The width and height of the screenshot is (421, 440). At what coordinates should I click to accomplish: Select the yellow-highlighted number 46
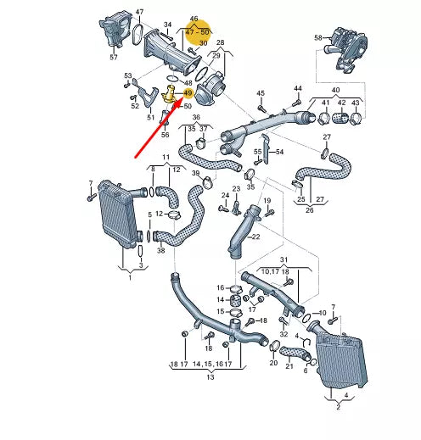(194, 19)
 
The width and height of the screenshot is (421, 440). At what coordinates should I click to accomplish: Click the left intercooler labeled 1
(117, 215)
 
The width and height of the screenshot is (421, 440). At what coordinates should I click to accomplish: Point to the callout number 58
(318, 38)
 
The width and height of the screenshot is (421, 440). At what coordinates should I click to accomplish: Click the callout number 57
(114, 57)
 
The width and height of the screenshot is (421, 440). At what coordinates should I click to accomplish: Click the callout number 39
(196, 174)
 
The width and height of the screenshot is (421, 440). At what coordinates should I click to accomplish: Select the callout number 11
(166, 159)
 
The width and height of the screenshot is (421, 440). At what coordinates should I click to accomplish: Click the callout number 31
(284, 259)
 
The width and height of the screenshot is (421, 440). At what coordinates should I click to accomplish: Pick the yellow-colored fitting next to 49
(171, 94)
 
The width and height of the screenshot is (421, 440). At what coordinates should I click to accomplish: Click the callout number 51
(150, 117)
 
